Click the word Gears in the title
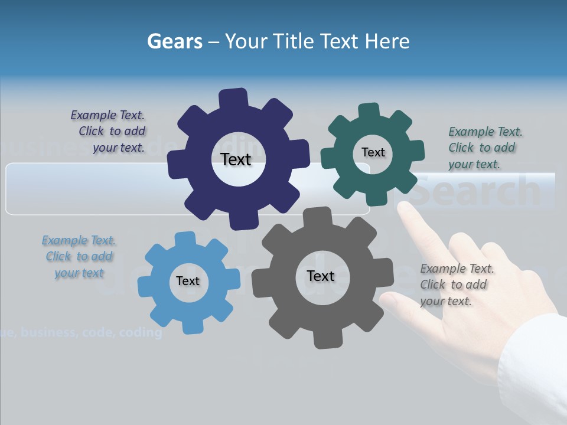tap(175, 41)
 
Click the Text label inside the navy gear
tap(236, 159)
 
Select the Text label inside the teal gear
tap(373, 152)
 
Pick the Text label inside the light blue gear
tap(187, 281)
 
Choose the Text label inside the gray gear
tap(321, 276)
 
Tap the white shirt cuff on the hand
tap(532, 366)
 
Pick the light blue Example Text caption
tap(79, 256)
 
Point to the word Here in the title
tap(387, 41)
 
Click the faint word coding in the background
tap(141, 333)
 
